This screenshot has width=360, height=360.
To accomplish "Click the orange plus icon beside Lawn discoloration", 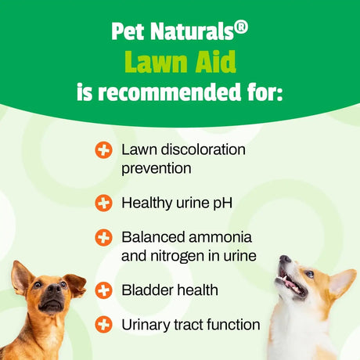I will pos(103,149).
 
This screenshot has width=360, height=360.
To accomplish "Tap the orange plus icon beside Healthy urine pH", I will pos(103,203).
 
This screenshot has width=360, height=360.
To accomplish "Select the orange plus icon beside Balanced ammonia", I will pos(103,236).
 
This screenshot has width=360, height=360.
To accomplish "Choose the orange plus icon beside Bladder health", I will pos(103,290).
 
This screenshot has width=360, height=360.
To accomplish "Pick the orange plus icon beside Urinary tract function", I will pos(103,323).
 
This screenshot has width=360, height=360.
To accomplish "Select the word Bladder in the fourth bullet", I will pos(146,290).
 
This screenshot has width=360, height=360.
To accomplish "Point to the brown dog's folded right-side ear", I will pos(74,283).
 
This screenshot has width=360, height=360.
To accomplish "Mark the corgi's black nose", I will pos(284,260).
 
